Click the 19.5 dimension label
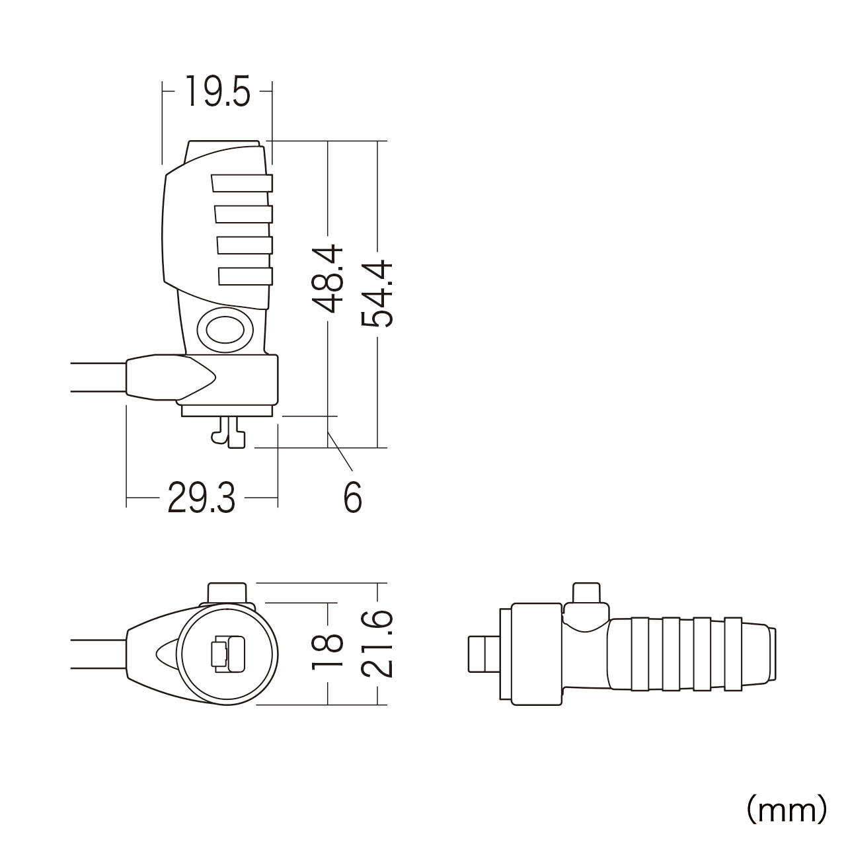click(217, 91)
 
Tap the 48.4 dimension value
click(328, 279)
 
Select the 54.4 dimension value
click(377, 293)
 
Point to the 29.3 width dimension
click(202, 498)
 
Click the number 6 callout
click(353, 497)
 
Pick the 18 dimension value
click(328, 652)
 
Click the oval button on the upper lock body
click(225, 330)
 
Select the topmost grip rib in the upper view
click(242, 183)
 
